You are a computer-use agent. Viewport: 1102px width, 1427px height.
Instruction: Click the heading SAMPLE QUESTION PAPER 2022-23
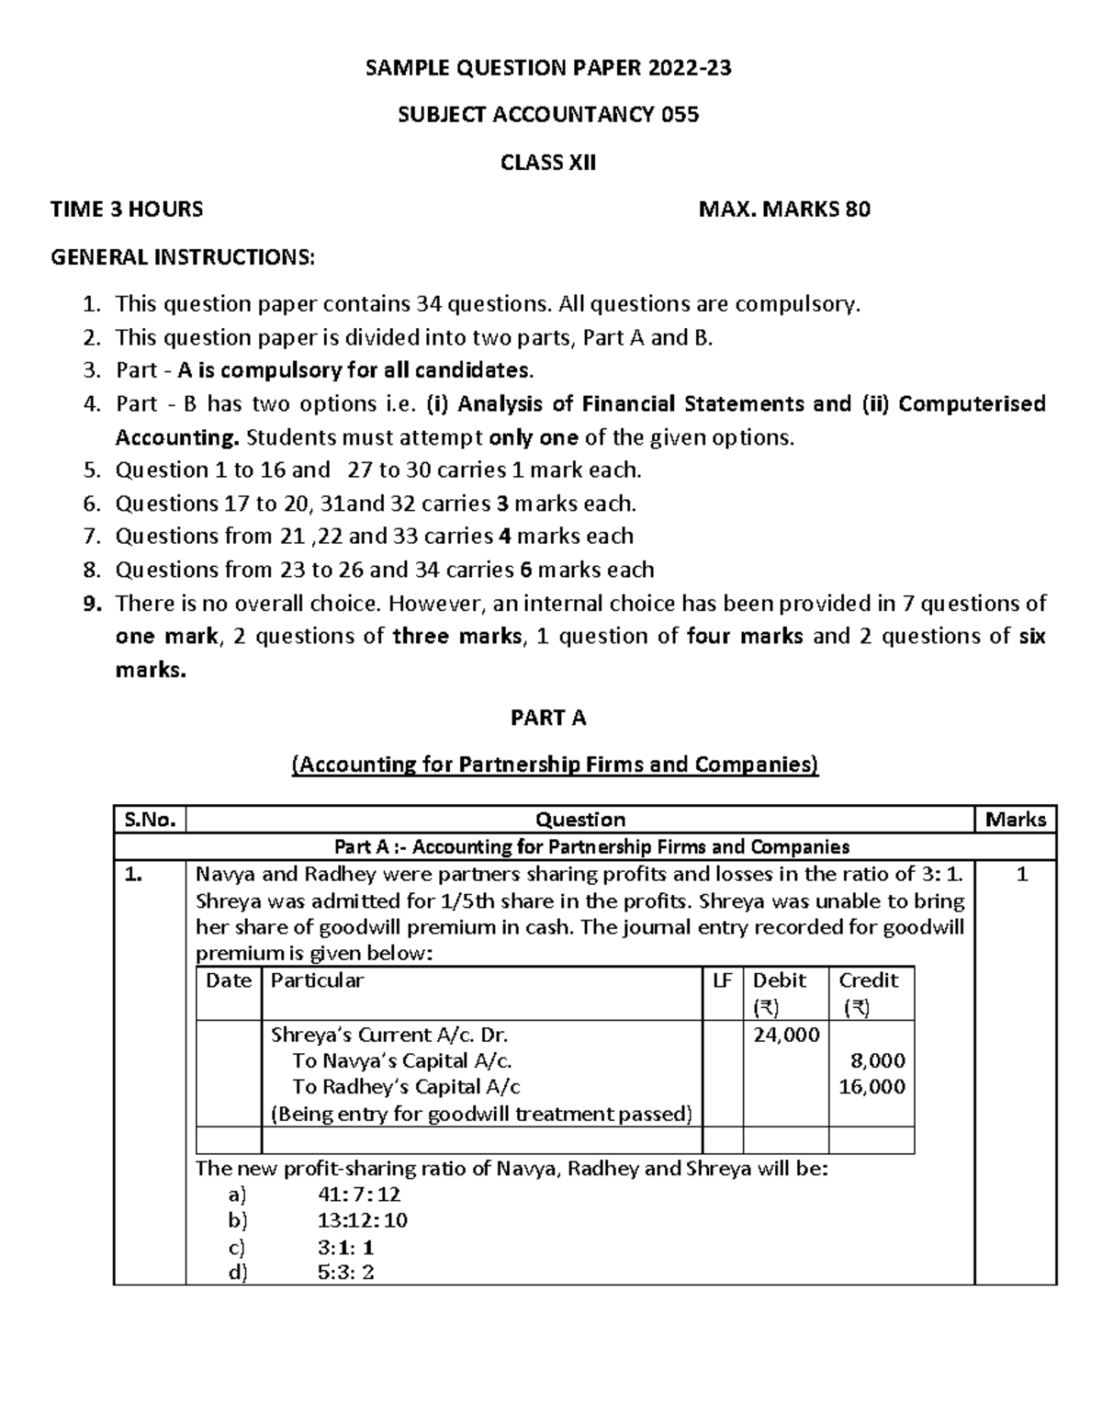(x=548, y=68)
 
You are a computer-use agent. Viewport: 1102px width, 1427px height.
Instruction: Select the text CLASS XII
(x=548, y=163)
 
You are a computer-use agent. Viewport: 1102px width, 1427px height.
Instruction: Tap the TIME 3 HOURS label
(x=127, y=210)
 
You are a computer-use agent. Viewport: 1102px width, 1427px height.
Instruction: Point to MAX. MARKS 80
(x=784, y=210)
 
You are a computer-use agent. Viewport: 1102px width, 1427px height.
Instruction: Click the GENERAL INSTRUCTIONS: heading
(x=182, y=257)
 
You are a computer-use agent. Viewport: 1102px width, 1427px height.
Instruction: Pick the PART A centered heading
(x=548, y=718)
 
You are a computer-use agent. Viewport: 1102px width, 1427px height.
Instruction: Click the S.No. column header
(x=149, y=820)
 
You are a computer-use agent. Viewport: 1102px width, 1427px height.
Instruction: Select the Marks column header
(x=1015, y=820)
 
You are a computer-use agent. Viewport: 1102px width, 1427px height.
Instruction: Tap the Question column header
(x=579, y=820)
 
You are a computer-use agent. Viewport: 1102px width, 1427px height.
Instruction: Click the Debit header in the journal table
(x=780, y=980)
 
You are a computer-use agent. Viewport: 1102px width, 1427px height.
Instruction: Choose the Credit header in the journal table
(x=868, y=980)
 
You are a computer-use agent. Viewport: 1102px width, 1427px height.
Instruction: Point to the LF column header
(x=723, y=980)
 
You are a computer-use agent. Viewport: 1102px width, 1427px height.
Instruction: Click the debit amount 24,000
(x=786, y=1035)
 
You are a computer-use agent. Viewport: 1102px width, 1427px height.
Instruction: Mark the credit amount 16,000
(x=872, y=1087)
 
